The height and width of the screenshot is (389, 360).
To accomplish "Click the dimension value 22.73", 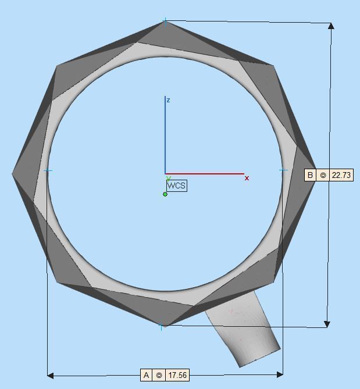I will (341, 175).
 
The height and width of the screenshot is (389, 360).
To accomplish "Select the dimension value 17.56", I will (177, 376).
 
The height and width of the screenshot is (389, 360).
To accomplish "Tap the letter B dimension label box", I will (311, 175).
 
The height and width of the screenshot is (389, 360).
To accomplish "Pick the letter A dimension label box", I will (147, 376).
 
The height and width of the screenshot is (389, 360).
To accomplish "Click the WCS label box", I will (176, 185).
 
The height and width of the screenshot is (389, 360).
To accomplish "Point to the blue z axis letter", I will (168, 101).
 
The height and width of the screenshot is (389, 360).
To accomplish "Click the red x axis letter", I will (247, 178).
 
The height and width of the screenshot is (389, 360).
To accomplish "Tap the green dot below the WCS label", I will (165, 194).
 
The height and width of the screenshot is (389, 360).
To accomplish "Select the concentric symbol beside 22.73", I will (323, 175).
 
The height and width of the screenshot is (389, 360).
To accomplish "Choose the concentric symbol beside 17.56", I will (159, 376).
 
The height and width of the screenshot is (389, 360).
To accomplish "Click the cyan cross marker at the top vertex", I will (165, 21).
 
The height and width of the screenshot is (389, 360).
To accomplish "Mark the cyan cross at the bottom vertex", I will (161, 327).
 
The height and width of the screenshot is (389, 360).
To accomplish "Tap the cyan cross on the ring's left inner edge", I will (48, 170).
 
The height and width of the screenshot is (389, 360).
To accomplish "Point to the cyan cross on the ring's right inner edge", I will (283, 170).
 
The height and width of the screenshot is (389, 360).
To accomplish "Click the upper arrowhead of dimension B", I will (331, 26).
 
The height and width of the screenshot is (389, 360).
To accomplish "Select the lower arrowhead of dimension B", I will (327, 324).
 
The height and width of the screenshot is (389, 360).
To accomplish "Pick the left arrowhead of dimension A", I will (50, 375).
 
